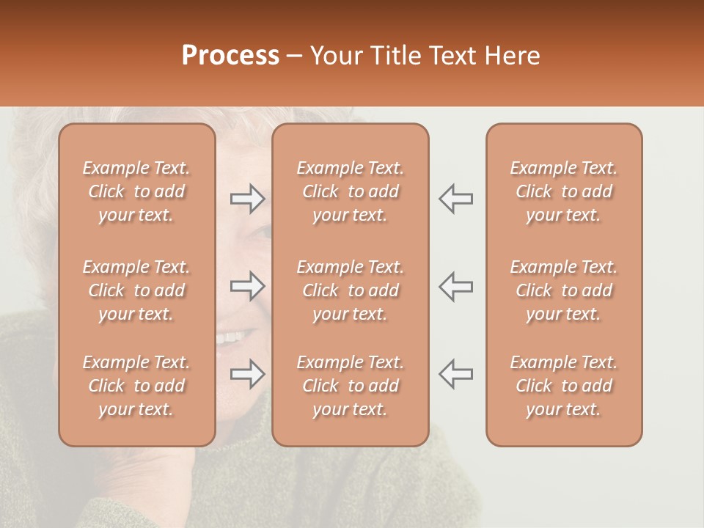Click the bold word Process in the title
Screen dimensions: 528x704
[x=230, y=56]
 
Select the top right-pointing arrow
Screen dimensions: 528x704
[x=247, y=198]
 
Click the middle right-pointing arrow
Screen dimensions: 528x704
[x=247, y=286]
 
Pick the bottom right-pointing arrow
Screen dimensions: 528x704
[x=247, y=374]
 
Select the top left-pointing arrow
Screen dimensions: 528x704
[x=456, y=198]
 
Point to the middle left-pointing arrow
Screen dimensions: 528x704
[x=456, y=286]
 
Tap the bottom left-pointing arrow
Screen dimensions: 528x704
[x=456, y=374]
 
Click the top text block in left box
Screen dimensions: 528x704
[x=136, y=191]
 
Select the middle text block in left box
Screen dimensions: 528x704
[x=136, y=290]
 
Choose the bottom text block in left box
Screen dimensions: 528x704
[x=136, y=386]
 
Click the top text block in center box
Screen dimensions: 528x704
[x=350, y=191]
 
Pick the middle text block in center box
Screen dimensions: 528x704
[x=350, y=290]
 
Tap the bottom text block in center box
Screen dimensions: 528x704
[x=350, y=386]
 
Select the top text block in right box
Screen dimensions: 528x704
[x=563, y=191]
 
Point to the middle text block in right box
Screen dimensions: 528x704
[x=563, y=290]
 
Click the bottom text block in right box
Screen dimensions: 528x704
[x=563, y=386]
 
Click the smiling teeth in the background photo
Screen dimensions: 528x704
[x=230, y=338]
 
